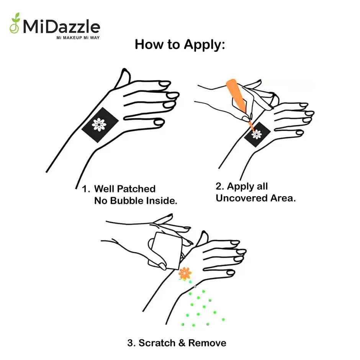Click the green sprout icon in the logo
(x=15, y=23)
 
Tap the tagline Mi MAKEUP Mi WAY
(x=78, y=38)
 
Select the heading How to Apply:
(x=180, y=44)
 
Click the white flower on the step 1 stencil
(x=99, y=124)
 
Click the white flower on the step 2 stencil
(x=257, y=134)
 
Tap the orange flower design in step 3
(x=185, y=273)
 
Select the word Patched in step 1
(x=137, y=189)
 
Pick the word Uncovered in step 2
(x=242, y=198)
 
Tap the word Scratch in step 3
(x=157, y=343)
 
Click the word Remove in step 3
(x=207, y=343)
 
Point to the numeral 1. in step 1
(x=86, y=189)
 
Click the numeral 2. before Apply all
(x=220, y=186)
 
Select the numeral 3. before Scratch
(x=132, y=343)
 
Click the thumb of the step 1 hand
(x=123, y=77)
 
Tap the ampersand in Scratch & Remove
(x=182, y=343)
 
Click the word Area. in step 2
(x=283, y=198)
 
